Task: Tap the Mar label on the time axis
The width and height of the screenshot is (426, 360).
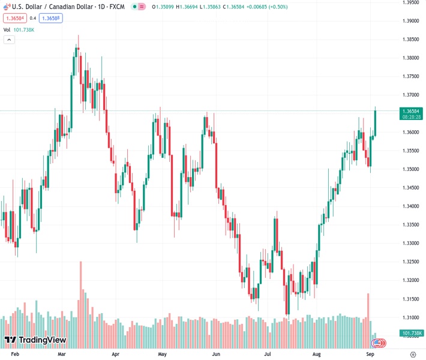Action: [61, 355]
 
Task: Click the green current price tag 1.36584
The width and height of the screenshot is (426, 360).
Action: [412, 111]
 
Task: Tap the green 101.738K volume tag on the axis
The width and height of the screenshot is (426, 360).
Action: [412, 333]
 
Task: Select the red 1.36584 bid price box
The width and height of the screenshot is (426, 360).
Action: [15, 19]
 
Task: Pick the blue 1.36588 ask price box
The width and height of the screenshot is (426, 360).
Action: [50, 19]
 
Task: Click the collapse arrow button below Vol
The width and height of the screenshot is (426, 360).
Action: [10, 40]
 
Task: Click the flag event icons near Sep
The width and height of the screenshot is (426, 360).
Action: [378, 343]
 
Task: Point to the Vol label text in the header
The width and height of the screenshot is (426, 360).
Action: [7, 29]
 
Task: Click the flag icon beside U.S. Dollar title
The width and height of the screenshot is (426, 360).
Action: [7, 7]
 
